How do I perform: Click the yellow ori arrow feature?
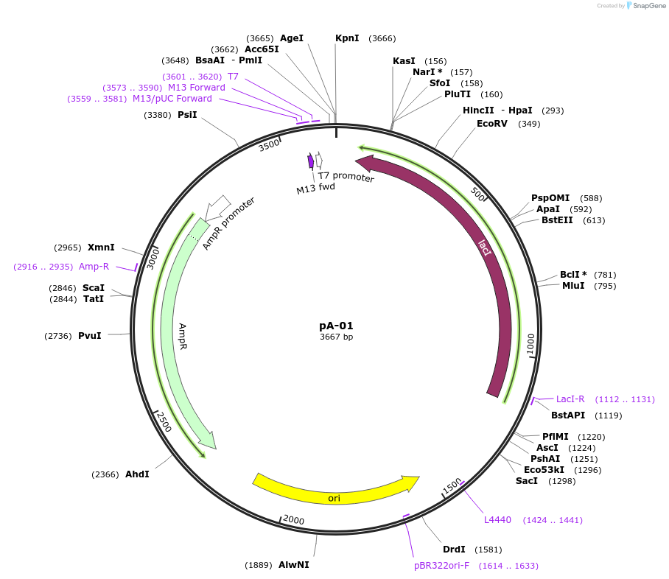[335, 491]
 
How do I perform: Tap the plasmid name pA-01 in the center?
[336, 325]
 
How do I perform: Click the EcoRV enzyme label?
[492, 123]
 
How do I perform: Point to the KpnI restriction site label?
[347, 38]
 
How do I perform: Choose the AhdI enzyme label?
[137, 474]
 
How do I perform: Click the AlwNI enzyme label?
[294, 565]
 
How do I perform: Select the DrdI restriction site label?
[454, 549]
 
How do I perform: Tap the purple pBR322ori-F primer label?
[441, 566]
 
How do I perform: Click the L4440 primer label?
[497, 520]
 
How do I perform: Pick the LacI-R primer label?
[570, 399]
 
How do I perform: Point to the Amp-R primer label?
[94, 267]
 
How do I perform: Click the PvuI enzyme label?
[90, 336]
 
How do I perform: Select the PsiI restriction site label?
[187, 115]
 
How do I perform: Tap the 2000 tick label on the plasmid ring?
[293, 520]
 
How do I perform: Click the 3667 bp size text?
[336, 337]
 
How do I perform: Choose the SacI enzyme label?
[526, 481]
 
